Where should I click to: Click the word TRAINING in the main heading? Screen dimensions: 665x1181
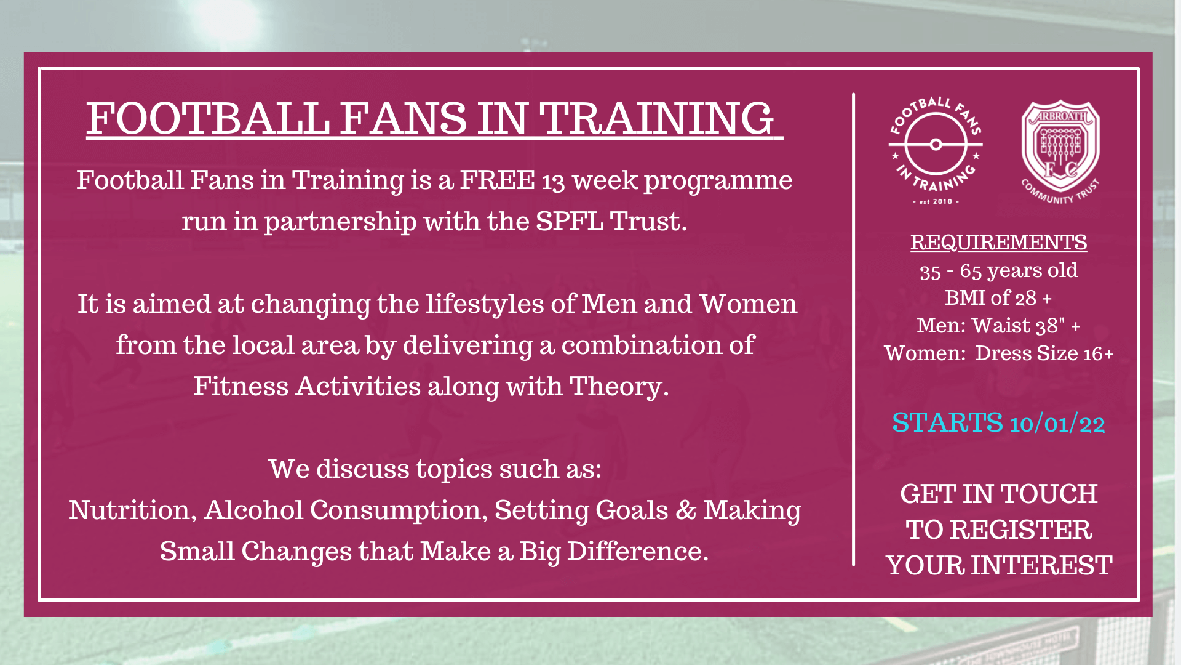click(x=656, y=118)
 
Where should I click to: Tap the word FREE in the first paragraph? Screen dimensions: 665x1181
click(x=497, y=180)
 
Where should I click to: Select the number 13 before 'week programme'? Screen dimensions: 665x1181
click(x=553, y=182)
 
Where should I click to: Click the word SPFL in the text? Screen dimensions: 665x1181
click(x=570, y=222)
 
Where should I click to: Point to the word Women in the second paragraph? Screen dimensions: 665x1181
click(x=748, y=304)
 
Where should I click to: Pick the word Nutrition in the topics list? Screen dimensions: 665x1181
click(x=132, y=510)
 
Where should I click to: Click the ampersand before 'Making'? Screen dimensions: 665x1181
click(x=686, y=510)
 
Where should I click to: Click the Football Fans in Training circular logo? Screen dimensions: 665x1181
click(x=936, y=150)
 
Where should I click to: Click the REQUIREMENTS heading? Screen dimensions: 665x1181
click(x=998, y=243)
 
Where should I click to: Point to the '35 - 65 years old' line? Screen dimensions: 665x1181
click(x=998, y=271)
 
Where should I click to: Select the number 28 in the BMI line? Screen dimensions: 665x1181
click(x=1025, y=299)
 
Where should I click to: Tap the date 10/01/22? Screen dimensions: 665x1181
click(x=1057, y=424)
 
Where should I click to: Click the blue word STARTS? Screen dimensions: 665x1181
click(x=947, y=423)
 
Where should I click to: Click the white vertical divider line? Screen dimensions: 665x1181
click(x=853, y=329)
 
